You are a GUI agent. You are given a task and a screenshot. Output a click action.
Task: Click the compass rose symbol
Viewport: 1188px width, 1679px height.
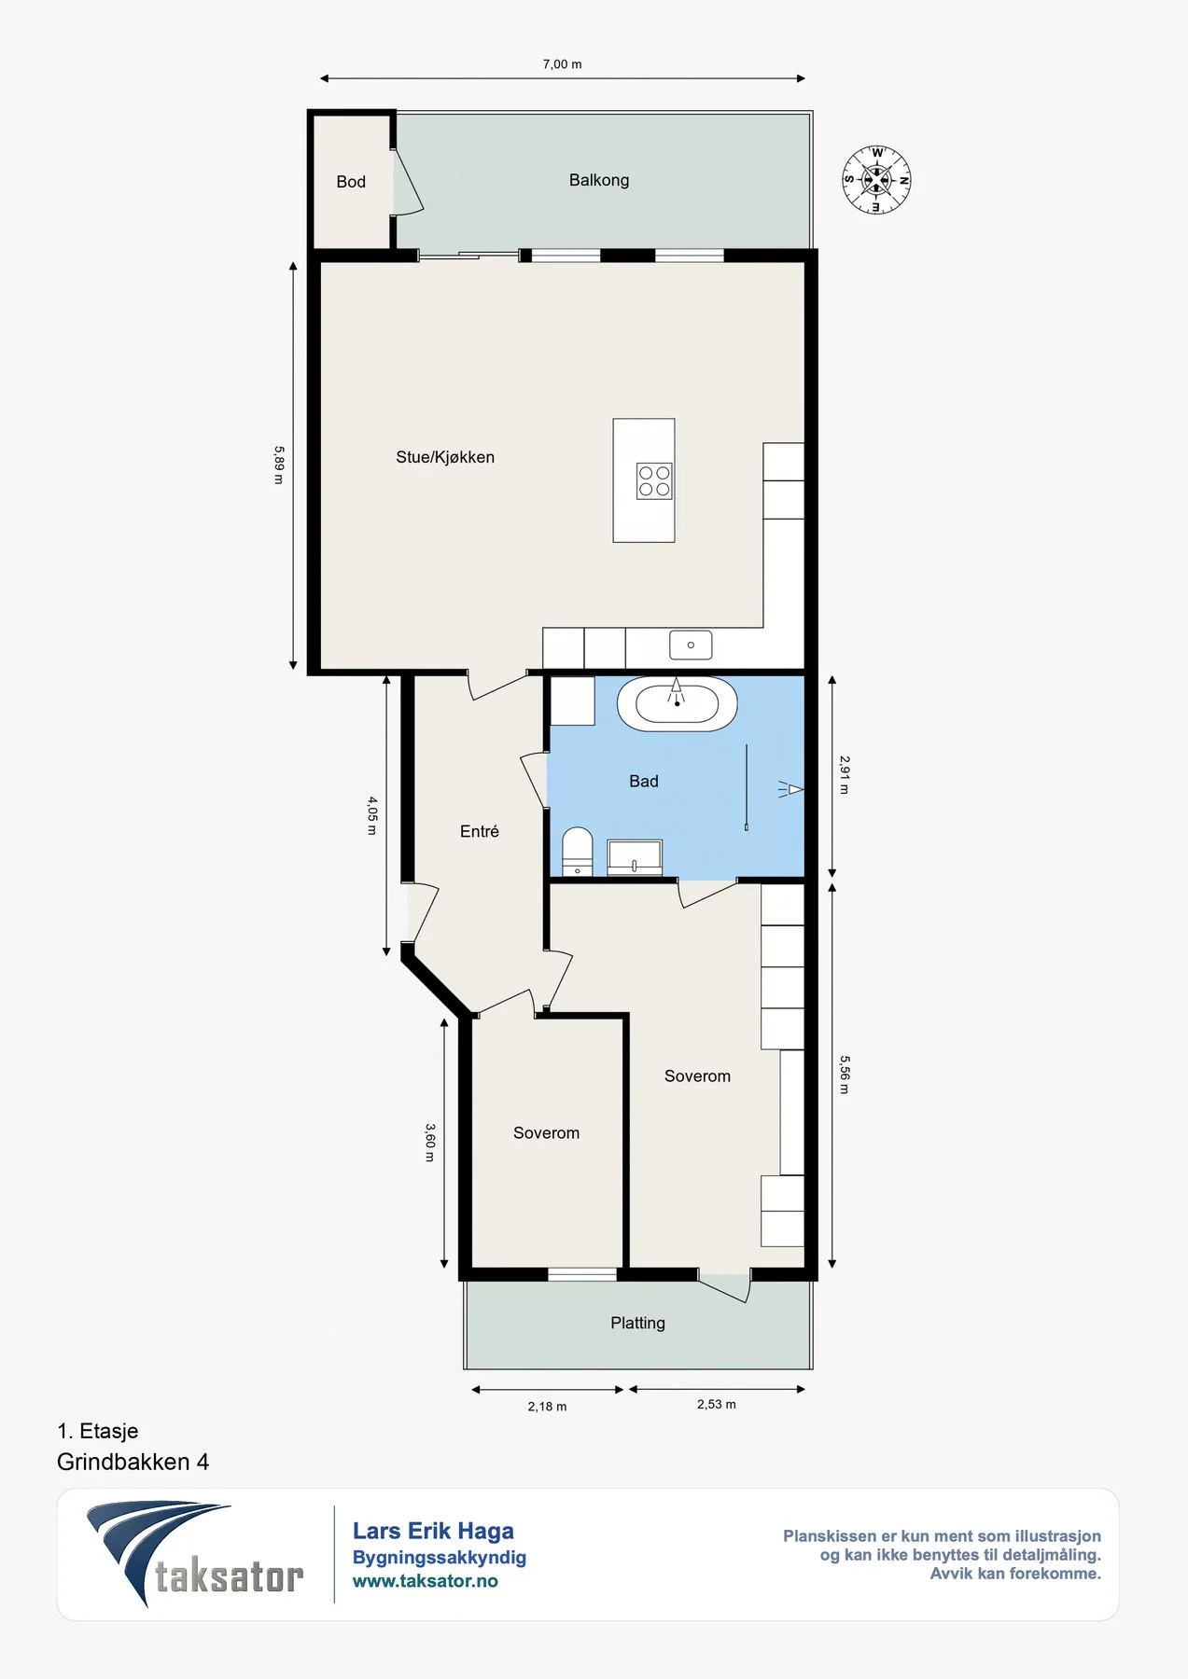pyautogui.click(x=876, y=180)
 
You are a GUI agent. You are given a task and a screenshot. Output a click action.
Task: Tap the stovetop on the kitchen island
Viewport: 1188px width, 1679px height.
pyautogui.click(x=654, y=481)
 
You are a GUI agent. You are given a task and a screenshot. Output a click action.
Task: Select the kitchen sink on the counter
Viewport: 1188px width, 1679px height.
pyautogui.click(x=691, y=645)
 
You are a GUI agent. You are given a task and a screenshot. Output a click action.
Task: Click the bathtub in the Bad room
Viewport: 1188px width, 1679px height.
pyautogui.click(x=677, y=704)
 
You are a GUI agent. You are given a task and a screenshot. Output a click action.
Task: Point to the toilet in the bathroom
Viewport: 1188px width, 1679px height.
pyautogui.click(x=578, y=852)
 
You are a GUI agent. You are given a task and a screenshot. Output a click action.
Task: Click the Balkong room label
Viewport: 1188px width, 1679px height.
pyautogui.click(x=599, y=180)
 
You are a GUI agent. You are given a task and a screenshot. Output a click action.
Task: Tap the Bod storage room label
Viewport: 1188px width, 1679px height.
pyautogui.click(x=351, y=182)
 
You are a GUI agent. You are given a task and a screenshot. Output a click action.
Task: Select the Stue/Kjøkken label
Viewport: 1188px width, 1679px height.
pyautogui.click(x=445, y=457)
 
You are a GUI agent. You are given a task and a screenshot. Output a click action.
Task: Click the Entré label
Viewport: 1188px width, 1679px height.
pyautogui.click(x=480, y=831)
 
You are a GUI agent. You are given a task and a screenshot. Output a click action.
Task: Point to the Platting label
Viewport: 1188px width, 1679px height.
pyautogui.click(x=637, y=1323)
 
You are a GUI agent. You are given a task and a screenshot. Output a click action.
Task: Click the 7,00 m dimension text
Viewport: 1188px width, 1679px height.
pyautogui.click(x=562, y=64)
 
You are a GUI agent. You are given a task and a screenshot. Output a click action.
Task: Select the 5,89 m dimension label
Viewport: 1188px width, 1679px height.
pyautogui.click(x=279, y=465)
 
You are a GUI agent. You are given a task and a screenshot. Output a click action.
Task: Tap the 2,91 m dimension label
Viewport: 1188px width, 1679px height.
pyautogui.click(x=845, y=775)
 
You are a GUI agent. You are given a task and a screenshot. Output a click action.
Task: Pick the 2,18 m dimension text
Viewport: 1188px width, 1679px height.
pyautogui.click(x=547, y=1407)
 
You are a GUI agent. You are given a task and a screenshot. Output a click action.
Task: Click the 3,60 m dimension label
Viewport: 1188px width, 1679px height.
pyautogui.click(x=430, y=1143)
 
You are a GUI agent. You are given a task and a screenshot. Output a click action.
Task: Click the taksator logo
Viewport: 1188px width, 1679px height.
pyautogui.click(x=195, y=1554)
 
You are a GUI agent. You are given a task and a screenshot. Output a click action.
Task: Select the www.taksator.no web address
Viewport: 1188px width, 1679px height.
pyautogui.click(x=425, y=1581)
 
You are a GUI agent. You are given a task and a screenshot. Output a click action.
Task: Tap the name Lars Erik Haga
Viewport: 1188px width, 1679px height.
pyautogui.click(x=433, y=1531)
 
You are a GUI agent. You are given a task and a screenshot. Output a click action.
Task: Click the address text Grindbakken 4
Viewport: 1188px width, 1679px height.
pyautogui.click(x=133, y=1462)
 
